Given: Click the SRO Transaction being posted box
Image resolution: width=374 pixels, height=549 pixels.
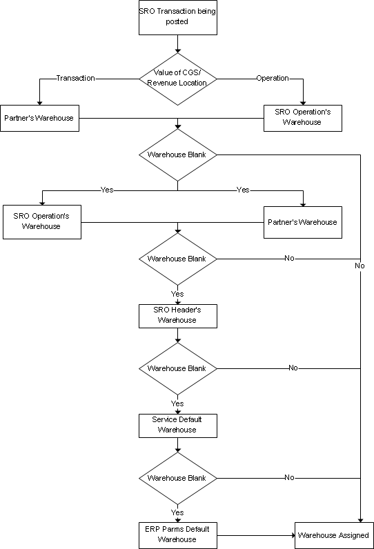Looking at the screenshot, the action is pyautogui.click(x=178, y=17).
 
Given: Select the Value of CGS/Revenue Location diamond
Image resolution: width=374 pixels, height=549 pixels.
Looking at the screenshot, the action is pyautogui.click(x=178, y=79).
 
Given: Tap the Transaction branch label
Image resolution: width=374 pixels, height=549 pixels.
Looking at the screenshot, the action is pyautogui.click(x=76, y=78).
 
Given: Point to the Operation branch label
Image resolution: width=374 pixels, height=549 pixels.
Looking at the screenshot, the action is pyautogui.click(x=273, y=78).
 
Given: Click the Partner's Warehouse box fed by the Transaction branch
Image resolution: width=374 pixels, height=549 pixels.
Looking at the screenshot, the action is pyautogui.click(x=39, y=119).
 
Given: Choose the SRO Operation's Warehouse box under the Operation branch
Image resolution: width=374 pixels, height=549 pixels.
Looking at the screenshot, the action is pyautogui.click(x=303, y=119).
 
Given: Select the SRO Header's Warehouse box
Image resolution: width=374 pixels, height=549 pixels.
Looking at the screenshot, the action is pyautogui.click(x=178, y=316).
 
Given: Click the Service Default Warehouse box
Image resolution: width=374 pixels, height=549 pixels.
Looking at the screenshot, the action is pyautogui.click(x=178, y=426).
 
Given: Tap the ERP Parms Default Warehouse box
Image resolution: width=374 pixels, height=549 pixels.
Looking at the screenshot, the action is pyautogui.click(x=178, y=535).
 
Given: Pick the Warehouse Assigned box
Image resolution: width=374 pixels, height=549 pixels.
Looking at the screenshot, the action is pyautogui.click(x=334, y=535).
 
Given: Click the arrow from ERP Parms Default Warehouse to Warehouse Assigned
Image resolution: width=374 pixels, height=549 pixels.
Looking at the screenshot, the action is pyautogui.click(x=256, y=535).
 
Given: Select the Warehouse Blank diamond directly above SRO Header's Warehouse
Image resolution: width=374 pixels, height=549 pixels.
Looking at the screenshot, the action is pyautogui.click(x=178, y=259).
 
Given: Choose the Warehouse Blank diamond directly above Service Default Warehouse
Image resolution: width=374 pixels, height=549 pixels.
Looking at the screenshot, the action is pyautogui.click(x=178, y=369).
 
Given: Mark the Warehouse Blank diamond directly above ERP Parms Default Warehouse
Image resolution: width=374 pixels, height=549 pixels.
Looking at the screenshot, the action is pyautogui.click(x=178, y=478).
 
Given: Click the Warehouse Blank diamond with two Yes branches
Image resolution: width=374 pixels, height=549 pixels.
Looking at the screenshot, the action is pyautogui.click(x=178, y=154).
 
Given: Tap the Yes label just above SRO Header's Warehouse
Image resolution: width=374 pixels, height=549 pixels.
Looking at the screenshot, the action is pyautogui.click(x=177, y=294).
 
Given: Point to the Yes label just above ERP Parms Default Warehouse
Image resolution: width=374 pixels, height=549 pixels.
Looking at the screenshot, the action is pyautogui.click(x=177, y=512).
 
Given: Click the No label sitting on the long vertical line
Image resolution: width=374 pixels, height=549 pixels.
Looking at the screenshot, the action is pyautogui.click(x=360, y=266).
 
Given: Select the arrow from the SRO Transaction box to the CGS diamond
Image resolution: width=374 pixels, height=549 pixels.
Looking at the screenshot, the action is pyautogui.click(x=178, y=43).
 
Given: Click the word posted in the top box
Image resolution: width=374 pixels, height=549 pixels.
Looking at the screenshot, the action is pyautogui.click(x=177, y=21).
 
